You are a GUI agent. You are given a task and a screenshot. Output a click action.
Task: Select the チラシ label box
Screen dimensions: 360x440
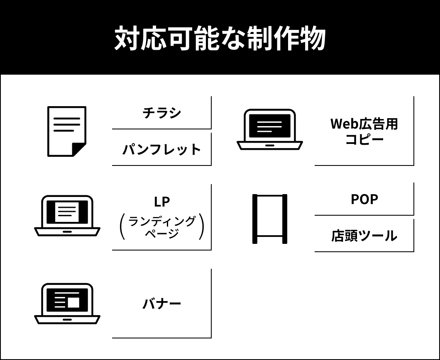tap(161, 112)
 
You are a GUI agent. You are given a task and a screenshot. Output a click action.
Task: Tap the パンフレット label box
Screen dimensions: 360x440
tap(161, 149)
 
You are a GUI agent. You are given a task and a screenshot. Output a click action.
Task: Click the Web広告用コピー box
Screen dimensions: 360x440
tap(364, 131)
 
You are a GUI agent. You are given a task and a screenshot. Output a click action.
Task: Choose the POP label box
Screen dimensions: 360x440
tap(364, 199)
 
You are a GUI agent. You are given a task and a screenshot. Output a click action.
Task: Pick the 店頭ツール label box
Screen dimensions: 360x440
tap(364, 236)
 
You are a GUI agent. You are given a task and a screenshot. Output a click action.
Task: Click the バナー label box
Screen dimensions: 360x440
tap(161, 303)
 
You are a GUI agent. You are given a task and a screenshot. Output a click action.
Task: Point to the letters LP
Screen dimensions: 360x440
tap(161, 202)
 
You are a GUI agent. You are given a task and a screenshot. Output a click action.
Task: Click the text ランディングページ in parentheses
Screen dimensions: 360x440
tap(161, 227)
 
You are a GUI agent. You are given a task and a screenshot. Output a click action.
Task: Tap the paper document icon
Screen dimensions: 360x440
tap(66, 131)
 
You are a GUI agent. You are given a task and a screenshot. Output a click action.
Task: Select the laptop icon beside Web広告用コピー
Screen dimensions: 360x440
tap(270, 129)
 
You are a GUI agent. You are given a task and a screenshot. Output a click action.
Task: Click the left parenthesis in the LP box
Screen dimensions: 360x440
tap(122, 227)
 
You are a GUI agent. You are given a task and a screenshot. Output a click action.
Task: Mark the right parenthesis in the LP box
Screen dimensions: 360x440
tap(201, 227)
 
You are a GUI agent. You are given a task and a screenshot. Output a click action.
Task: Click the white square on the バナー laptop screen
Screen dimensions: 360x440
tap(73, 302)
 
